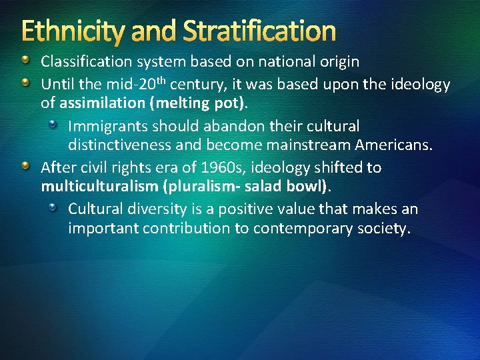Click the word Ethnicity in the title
(x=71, y=31)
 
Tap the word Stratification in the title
(x=259, y=31)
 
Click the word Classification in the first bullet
(x=87, y=63)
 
